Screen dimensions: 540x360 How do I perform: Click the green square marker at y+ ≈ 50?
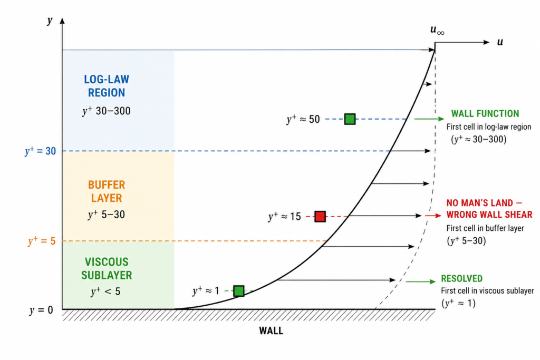[350, 119]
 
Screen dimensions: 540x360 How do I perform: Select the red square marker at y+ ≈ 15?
[320, 216]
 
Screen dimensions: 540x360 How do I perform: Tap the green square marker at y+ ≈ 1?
[239, 291]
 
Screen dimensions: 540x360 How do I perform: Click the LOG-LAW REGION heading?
[107, 86]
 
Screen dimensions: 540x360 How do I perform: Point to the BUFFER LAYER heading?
[107, 191]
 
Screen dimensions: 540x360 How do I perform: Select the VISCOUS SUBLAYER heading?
[107, 268]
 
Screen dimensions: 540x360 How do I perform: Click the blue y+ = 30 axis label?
[40, 151]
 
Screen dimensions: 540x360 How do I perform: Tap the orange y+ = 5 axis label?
[42, 240]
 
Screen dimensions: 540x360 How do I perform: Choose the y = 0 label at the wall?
[41, 310]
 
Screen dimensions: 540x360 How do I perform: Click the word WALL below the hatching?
[271, 330]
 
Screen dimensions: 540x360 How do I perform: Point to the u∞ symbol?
[437, 30]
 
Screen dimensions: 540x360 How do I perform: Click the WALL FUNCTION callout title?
[485, 113]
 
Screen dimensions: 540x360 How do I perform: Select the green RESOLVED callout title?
[461, 278]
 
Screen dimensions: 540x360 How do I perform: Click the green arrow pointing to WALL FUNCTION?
[429, 119]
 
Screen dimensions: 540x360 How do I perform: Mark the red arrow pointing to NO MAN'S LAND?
[433, 216]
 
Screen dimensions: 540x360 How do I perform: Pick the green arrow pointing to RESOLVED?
[420, 281]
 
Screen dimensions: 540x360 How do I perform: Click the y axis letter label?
[50, 21]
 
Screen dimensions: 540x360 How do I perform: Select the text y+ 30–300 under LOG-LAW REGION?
[107, 111]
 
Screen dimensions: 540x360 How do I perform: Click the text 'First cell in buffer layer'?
[485, 228]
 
